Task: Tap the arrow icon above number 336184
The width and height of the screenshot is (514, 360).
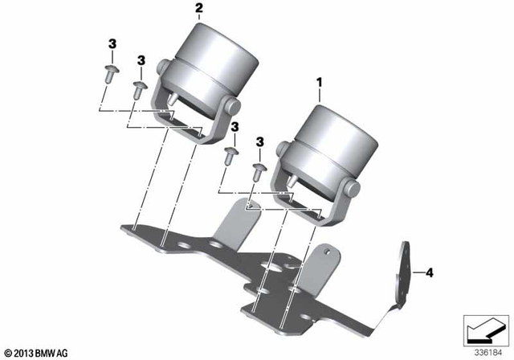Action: point(484,329)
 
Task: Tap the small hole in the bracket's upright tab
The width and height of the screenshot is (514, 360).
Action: point(327,251)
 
